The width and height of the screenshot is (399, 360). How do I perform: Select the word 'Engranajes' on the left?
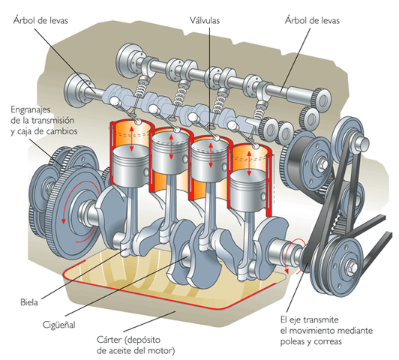[35, 109]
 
